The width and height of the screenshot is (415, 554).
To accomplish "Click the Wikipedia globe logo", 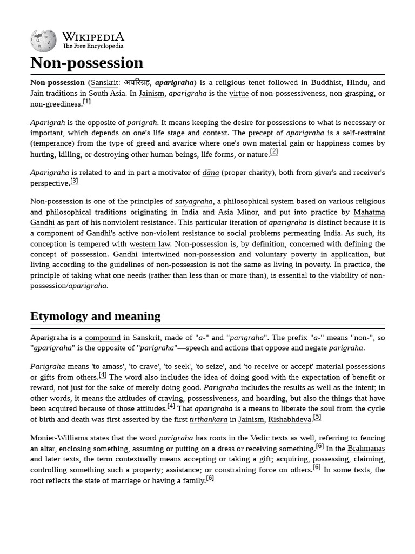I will click(43, 41).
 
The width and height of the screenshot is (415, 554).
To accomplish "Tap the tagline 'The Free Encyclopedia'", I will click(92, 47).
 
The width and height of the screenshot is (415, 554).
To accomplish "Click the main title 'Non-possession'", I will click(86, 63).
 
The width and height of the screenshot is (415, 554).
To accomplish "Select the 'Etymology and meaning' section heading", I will click(95, 316).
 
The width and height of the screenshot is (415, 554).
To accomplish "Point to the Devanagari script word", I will click(137, 83).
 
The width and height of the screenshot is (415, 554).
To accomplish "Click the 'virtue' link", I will click(239, 94).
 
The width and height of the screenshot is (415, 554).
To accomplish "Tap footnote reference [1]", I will click(86, 102).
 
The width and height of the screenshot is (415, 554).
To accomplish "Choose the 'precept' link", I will click(260, 133).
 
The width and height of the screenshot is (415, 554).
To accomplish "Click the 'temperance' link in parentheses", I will click(52, 143).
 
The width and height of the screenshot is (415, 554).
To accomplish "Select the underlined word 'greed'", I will click(145, 143).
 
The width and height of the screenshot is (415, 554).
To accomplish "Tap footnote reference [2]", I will click(274, 151).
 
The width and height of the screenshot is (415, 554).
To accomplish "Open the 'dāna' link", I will click(210, 173).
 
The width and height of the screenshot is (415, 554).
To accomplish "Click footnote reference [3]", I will click(75, 181).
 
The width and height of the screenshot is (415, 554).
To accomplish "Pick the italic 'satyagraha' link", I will click(193, 201).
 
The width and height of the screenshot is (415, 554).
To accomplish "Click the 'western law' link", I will click(150, 244).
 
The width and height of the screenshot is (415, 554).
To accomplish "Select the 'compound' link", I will click(103, 338).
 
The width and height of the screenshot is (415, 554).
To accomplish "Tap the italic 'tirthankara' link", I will click(208, 419).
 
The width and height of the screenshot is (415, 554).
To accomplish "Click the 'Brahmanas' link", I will click(366, 449).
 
